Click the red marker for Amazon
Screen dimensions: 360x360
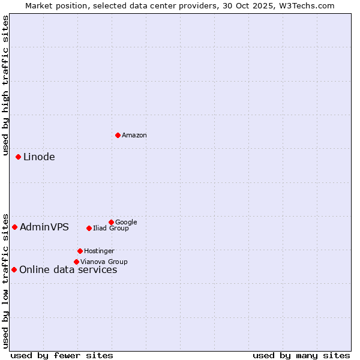(118, 135)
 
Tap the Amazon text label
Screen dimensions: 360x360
(134, 136)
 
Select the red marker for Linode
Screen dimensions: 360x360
(18, 157)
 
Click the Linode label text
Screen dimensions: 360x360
(39, 157)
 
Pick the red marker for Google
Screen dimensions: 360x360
(111, 222)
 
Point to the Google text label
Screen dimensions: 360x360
(126, 223)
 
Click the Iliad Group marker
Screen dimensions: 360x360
(89, 228)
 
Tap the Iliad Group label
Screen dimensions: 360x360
(111, 229)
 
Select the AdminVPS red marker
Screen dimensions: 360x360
(14, 227)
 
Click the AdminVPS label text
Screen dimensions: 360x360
(44, 227)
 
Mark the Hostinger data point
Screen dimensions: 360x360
(80, 251)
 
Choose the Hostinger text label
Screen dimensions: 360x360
(99, 251)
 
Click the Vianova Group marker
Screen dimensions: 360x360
(76, 262)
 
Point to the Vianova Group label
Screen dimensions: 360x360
(104, 262)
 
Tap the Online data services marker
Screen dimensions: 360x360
(14, 269)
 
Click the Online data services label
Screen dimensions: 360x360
(68, 270)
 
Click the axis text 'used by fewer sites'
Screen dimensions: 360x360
(62, 356)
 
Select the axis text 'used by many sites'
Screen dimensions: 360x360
(301, 356)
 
